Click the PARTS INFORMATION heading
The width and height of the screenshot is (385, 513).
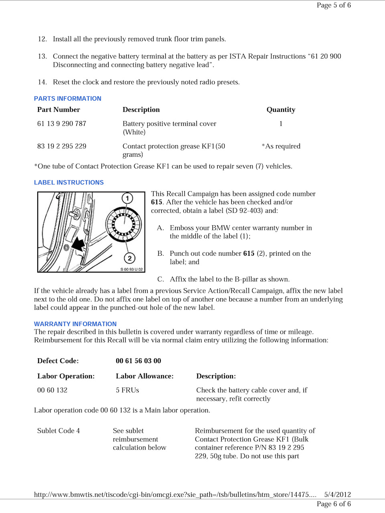point(67,99)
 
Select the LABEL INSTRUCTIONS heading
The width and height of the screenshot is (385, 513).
point(69,182)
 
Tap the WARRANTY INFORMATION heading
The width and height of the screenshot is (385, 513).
point(75,324)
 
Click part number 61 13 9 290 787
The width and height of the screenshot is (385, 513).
point(62,124)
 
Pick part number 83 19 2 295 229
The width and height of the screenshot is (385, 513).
point(62,146)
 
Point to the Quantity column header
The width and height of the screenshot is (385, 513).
point(281,110)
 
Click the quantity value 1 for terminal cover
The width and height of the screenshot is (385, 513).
point(281,124)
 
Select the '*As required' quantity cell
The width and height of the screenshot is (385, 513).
point(281,146)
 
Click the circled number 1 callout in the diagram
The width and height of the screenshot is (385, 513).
point(127,198)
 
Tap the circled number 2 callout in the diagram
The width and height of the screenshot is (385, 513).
point(129,258)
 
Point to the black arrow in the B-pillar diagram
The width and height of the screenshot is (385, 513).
point(78,243)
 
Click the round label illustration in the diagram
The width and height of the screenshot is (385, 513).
point(124,224)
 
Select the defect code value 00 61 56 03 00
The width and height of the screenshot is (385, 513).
point(138,361)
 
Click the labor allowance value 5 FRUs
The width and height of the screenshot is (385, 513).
point(127,390)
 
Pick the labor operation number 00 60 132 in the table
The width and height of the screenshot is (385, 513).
point(52,390)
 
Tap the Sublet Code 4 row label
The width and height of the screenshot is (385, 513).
point(59,431)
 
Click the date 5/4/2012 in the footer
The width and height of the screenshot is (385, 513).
point(337,495)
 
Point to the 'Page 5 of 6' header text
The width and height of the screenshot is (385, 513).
point(334,5)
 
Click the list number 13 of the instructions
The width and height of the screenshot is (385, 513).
point(42,57)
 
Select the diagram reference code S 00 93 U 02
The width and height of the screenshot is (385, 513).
point(132,269)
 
